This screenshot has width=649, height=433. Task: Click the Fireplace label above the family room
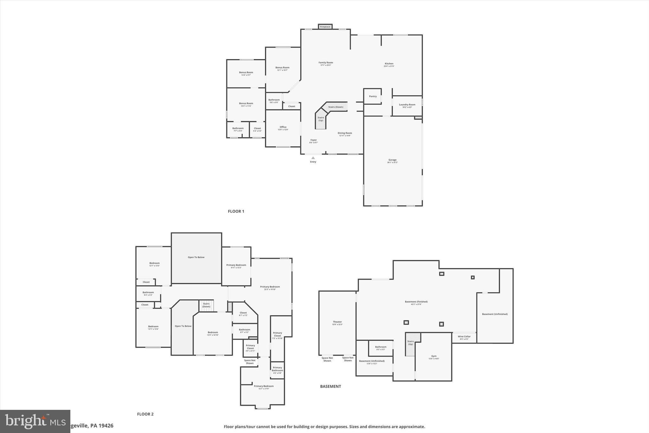(325, 27)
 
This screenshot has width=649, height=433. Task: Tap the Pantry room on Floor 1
(373, 96)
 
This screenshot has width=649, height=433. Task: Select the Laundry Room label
(407, 105)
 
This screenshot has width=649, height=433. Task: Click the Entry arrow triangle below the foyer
(313, 158)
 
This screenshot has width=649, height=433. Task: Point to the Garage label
(392, 160)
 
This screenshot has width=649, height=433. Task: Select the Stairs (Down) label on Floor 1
(336, 107)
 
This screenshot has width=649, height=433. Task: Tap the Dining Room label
(345, 133)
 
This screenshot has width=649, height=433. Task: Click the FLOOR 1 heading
(236, 211)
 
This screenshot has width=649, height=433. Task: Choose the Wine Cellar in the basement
(464, 337)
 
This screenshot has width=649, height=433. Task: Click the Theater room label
(337, 322)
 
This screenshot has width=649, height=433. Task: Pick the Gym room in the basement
(434, 357)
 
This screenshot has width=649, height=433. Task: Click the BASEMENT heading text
(331, 386)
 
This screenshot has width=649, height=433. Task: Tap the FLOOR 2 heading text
(145, 414)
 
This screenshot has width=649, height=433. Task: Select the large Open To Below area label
(196, 257)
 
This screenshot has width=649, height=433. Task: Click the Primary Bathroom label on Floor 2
(277, 369)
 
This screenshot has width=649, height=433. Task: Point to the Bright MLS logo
(35, 421)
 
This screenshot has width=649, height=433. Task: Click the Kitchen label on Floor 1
(389, 64)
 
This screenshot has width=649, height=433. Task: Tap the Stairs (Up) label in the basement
(410, 343)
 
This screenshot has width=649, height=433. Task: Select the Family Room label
(325, 63)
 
